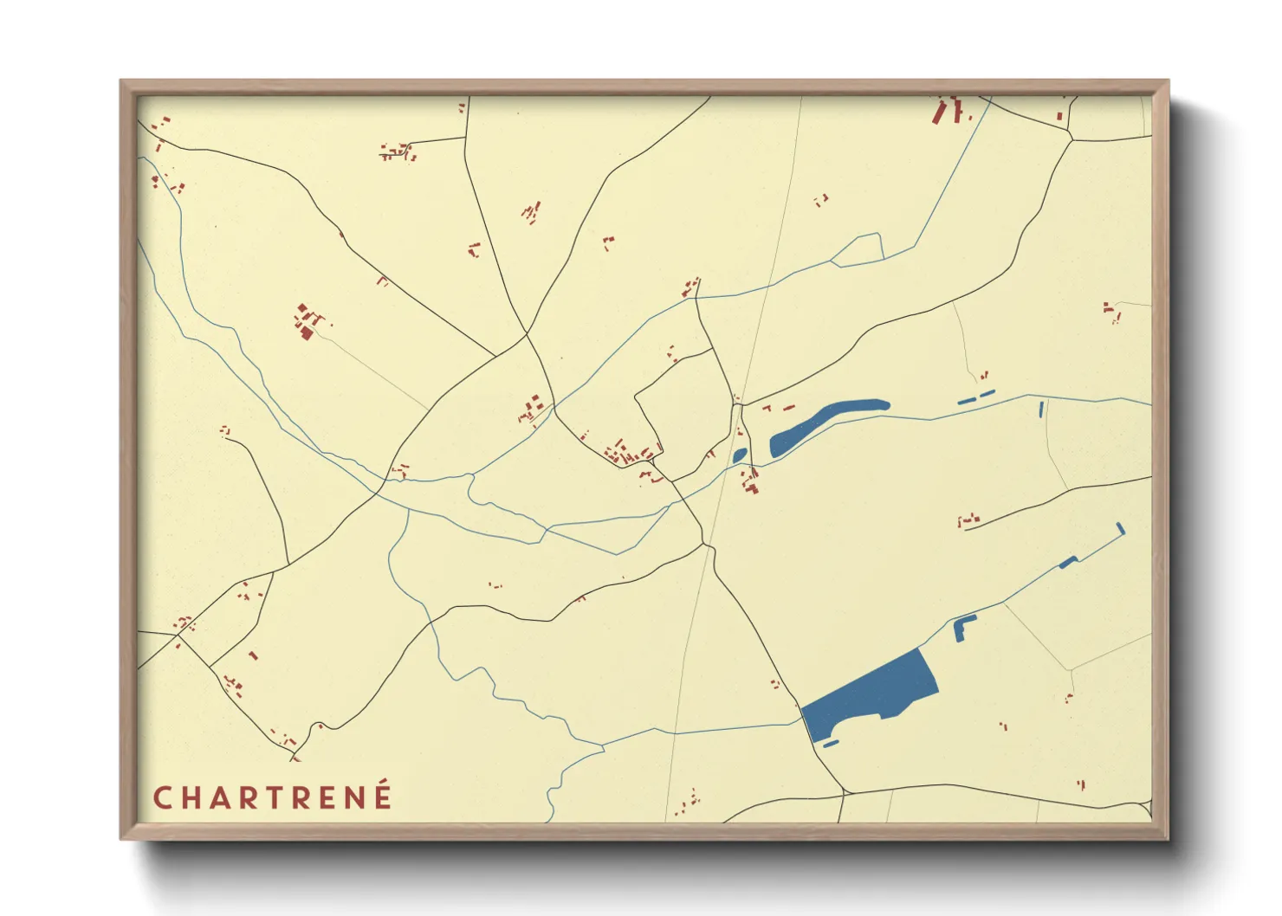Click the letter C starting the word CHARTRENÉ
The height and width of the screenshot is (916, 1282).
[161, 797]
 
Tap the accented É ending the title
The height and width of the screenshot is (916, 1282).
[382, 796]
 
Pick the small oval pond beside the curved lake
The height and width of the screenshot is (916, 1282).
[739, 455]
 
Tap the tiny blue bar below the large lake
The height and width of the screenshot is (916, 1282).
[830, 743]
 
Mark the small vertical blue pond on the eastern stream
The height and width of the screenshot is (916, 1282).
[1041, 410]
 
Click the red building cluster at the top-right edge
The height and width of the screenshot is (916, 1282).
[949, 111]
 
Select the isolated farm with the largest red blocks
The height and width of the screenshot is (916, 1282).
[305, 322]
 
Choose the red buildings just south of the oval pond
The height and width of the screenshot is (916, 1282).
[750, 481]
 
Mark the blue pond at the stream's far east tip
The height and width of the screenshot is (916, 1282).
[1120, 527]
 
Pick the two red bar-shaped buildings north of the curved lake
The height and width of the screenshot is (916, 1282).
[778, 408]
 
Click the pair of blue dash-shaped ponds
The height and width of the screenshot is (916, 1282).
[976, 397]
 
